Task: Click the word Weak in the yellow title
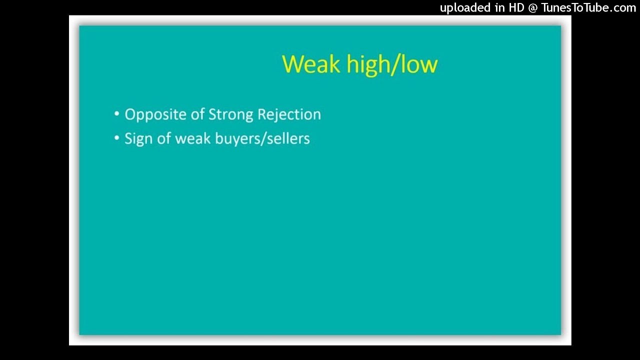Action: point(305,64)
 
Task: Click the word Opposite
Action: point(155,115)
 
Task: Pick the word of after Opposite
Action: point(198,114)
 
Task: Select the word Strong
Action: point(230,115)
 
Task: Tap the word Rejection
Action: point(289,115)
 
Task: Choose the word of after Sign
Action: point(164,138)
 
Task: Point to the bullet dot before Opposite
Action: point(117,114)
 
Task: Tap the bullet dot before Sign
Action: point(117,138)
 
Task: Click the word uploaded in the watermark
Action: point(465,7)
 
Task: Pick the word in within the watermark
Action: point(499,7)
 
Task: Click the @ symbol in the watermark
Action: point(533,7)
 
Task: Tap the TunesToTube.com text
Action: point(588,7)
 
